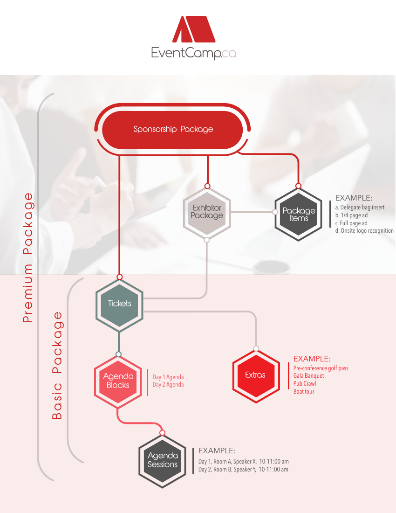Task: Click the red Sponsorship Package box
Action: (x=173, y=129)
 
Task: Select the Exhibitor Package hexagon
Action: (x=207, y=212)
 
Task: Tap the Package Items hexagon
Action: (x=299, y=215)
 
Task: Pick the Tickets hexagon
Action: (x=119, y=304)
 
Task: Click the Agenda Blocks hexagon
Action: (x=118, y=381)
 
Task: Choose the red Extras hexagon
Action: (x=255, y=375)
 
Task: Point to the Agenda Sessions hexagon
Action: (x=162, y=460)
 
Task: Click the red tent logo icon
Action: (x=193, y=29)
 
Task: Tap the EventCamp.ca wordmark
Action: (x=193, y=54)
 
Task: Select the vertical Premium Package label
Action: (x=28, y=257)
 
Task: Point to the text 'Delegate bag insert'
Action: (x=360, y=208)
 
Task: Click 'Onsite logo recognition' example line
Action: (x=364, y=231)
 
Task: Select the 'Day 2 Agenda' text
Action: (x=168, y=385)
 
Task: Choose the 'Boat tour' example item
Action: (x=304, y=392)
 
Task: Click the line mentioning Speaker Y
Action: (x=243, y=470)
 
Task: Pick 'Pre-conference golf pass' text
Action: (x=321, y=368)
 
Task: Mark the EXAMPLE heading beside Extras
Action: (x=312, y=359)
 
